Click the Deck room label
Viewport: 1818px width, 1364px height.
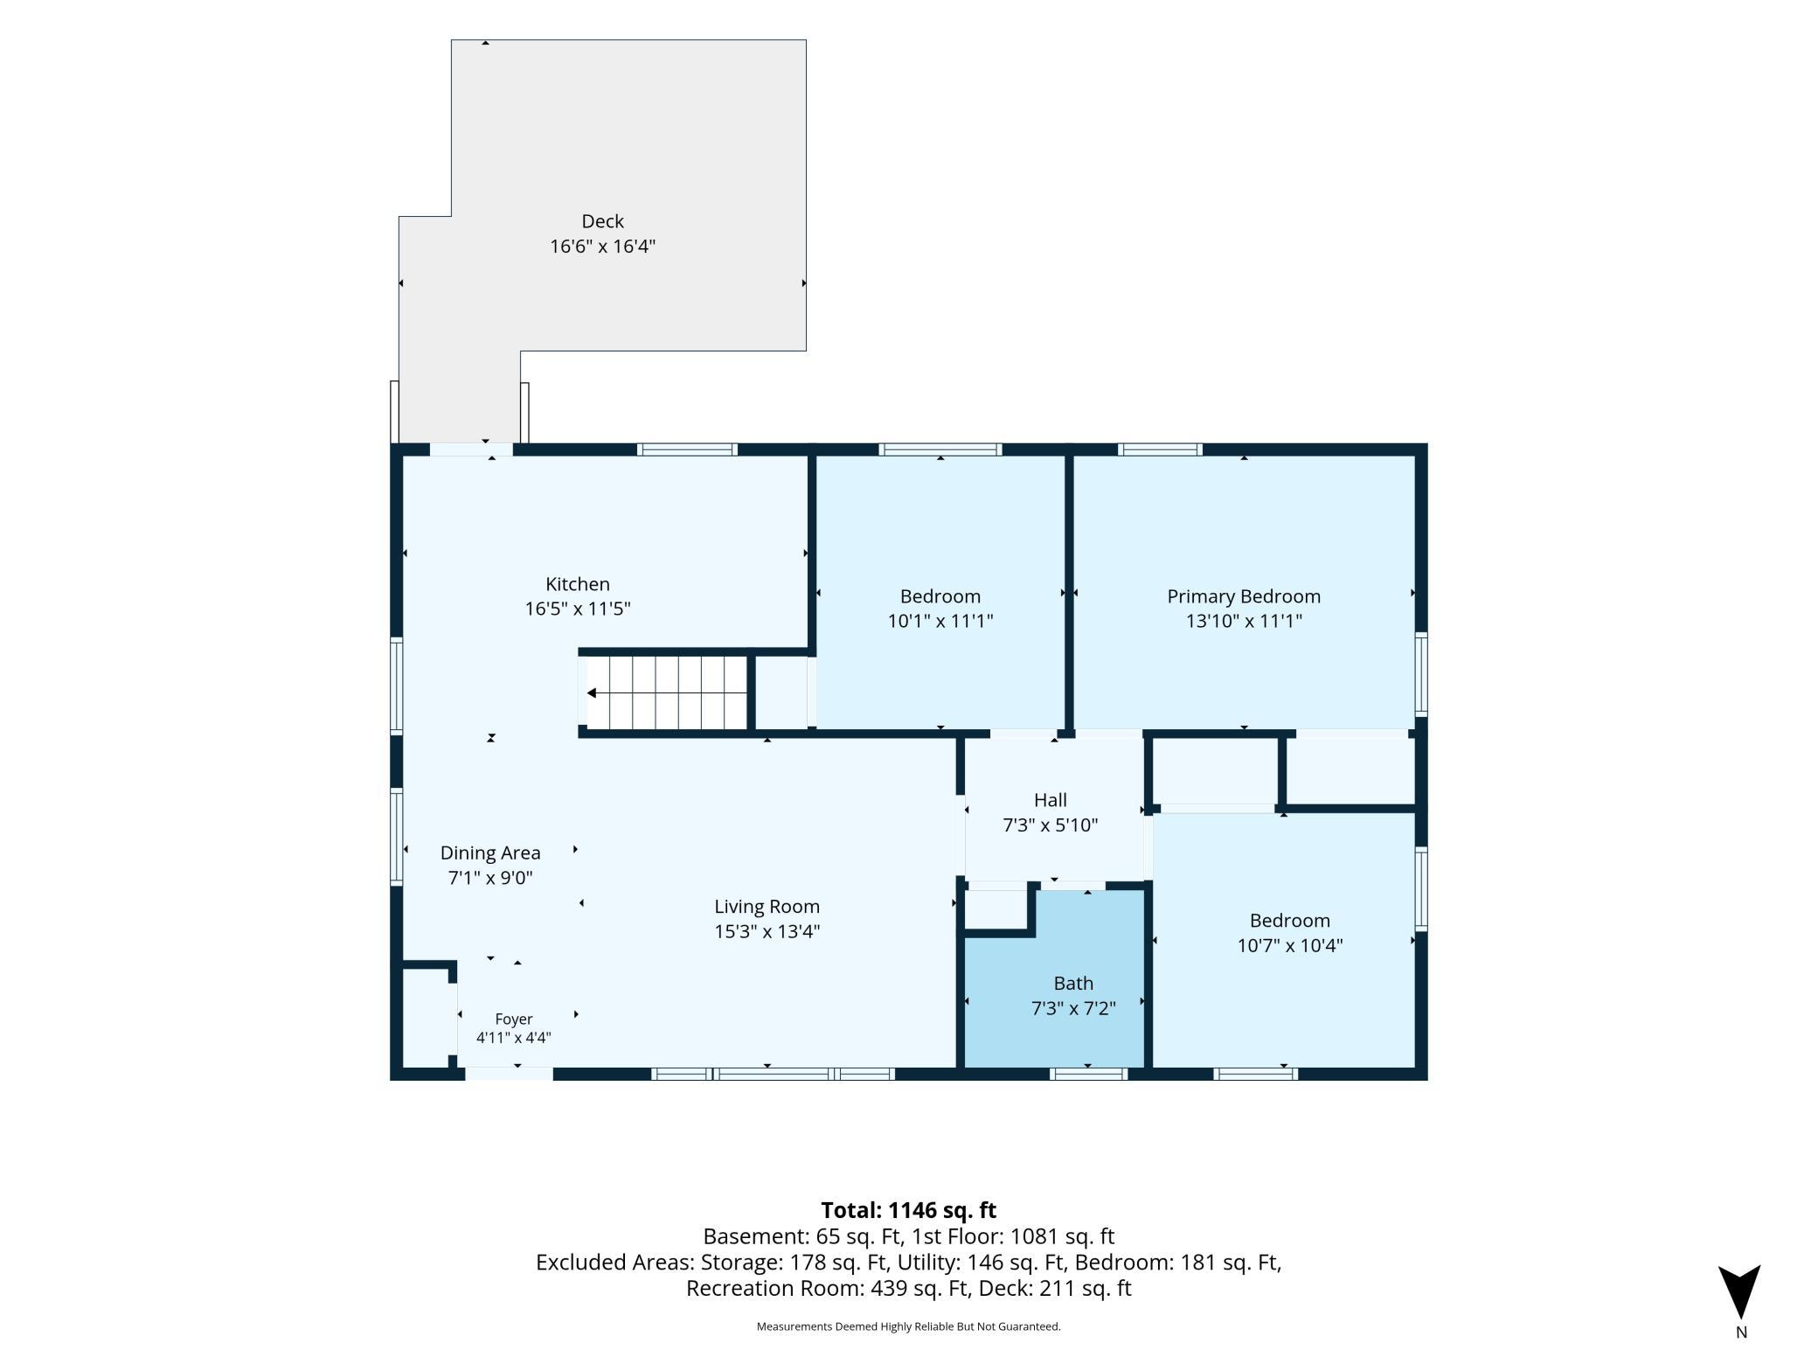coord(602,221)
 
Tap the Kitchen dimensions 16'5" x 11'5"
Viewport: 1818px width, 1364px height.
coord(577,609)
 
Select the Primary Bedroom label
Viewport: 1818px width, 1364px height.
coord(1244,596)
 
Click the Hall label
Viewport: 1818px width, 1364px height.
coord(1050,800)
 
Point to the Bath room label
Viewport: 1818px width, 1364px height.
coord(1073,984)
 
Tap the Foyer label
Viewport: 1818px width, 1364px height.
coord(513,1020)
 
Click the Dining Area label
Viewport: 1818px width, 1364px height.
coord(490,852)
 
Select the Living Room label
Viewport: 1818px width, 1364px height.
coord(767,907)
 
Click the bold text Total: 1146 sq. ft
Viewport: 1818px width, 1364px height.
coord(908,1210)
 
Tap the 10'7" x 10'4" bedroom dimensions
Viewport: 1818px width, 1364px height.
coord(1289,945)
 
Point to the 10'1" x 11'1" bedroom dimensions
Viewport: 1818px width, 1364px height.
coord(940,621)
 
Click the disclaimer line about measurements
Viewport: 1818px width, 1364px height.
coord(908,1326)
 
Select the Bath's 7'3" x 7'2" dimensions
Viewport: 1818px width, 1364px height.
coord(1073,1008)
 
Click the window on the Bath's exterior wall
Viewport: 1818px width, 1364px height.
coord(1088,1075)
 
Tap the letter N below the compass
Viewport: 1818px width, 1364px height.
coord(1740,1333)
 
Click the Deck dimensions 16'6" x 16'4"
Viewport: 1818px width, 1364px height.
coord(602,246)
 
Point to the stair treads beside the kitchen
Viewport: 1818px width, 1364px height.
coord(667,692)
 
